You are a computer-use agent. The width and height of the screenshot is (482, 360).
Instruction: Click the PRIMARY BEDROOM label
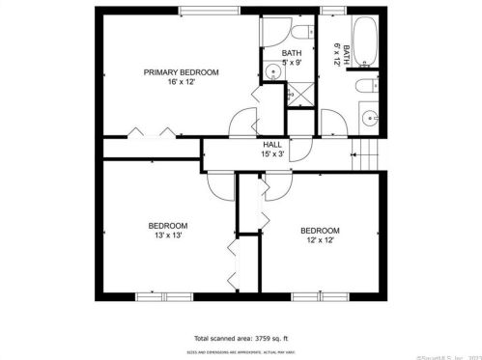[181, 72]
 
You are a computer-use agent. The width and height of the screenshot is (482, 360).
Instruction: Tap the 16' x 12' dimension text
[181, 84]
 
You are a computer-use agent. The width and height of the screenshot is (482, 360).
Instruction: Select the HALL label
[272, 144]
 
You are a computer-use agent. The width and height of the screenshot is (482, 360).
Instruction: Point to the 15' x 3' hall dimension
[272, 154]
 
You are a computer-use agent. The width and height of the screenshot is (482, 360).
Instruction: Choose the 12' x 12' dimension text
[320, 241]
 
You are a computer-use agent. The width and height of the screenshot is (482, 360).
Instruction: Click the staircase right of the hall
[364, 152]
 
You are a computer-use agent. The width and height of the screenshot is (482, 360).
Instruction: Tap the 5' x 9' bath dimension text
[291, 63]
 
